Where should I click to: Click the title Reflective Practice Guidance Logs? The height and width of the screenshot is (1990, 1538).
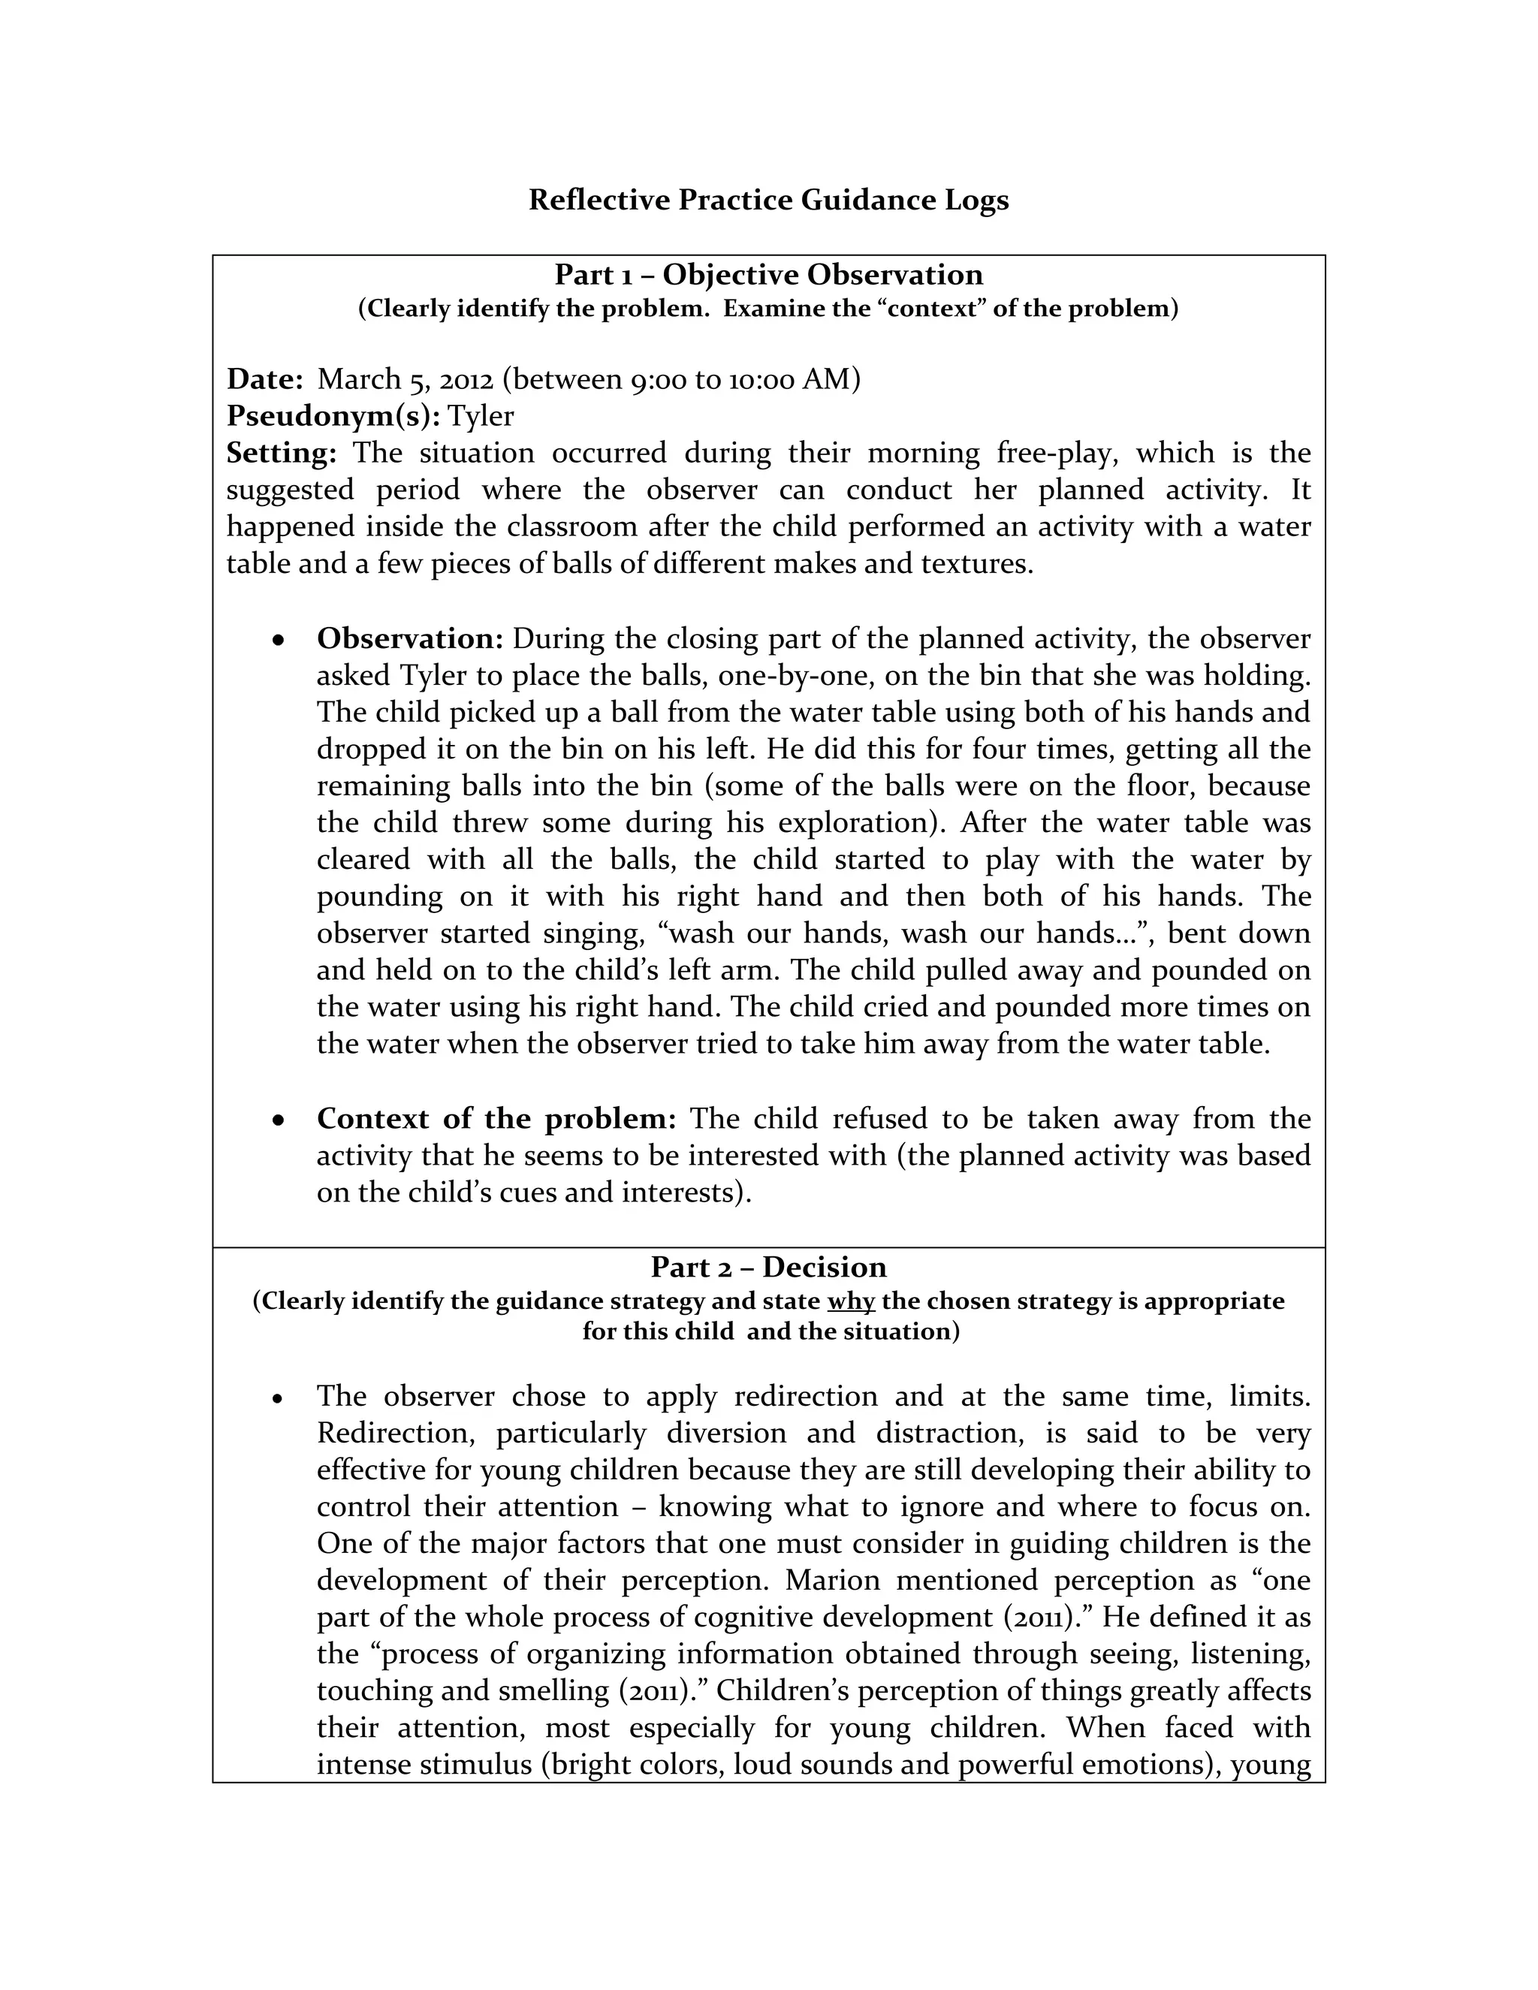tap(768, 200)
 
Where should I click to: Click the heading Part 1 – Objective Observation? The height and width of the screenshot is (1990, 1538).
tap(768, 274)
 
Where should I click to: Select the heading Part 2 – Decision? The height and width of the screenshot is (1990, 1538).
tap(768, 1267)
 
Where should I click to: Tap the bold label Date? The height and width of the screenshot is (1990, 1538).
tap(265, 378)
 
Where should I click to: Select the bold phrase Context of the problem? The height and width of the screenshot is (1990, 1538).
tap(496, 1118)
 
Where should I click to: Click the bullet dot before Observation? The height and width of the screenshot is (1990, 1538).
tap(279, 641)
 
